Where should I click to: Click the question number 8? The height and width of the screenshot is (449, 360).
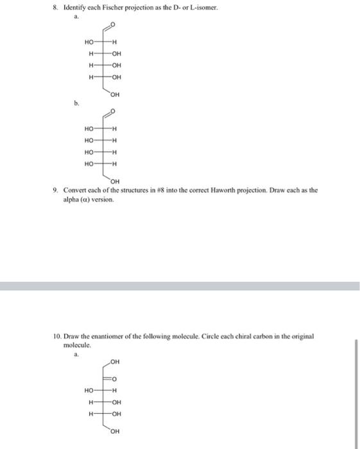click(57, 7)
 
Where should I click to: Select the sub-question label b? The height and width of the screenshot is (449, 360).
click(76, 101)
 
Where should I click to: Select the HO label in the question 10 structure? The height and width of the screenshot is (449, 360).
click(89, 389)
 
